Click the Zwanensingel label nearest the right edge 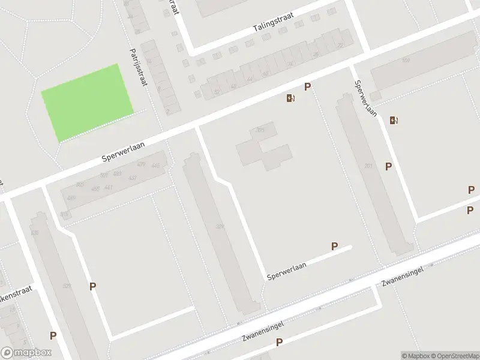pos(403,275)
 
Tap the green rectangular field pos(87,103)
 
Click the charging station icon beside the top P pos(291,98)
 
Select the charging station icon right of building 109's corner pos(394,120)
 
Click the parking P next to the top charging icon pos(307,87)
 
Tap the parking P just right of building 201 pos(389,167)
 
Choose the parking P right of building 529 pos(92,287)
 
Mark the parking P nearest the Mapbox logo pos(53,337)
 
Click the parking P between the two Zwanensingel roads pos(279,343)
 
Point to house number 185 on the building pos(260,130)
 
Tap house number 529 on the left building pos(67,286)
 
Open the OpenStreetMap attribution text pos(454,356)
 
